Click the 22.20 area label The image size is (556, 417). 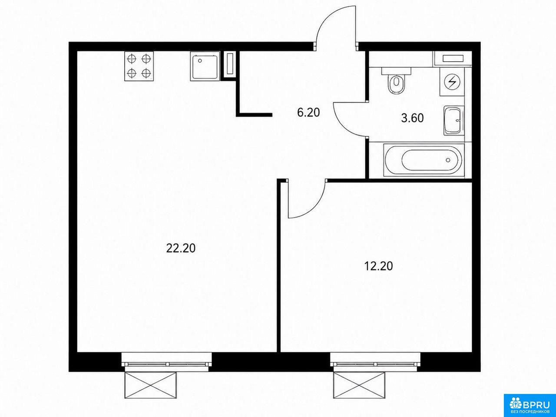181,248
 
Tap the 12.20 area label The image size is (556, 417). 378,266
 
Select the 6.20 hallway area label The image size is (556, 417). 308,113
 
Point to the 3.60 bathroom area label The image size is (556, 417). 412,118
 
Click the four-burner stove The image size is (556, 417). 139,66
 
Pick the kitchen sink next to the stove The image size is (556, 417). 205,66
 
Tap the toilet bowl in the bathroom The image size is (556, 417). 397,82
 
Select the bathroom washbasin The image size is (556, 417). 454,120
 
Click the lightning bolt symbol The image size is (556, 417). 452,82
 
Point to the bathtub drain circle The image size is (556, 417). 448,160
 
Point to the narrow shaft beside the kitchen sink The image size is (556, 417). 230,63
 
